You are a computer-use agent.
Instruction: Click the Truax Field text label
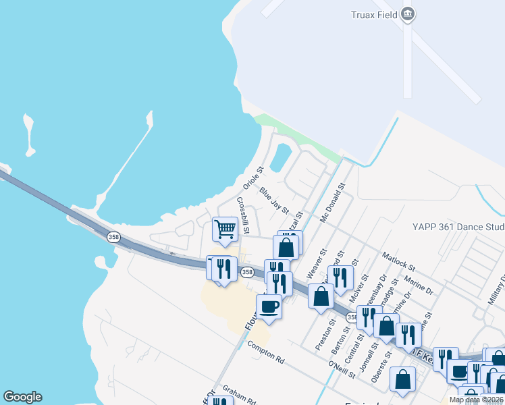click(373, 14)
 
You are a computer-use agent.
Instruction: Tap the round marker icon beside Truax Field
click(407, 13)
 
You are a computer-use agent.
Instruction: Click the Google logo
click(22, 397)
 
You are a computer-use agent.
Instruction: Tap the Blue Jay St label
click(274, 200)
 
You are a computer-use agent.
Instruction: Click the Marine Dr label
click(418, 283)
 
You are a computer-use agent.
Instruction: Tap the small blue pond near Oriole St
click(279, 159)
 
